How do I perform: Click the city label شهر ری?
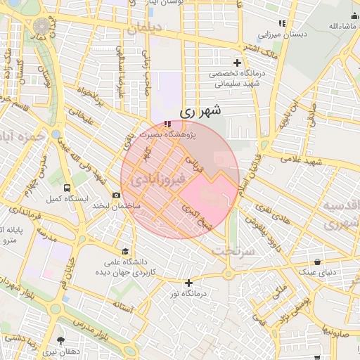(200, 110)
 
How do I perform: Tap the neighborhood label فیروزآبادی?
(158, 181)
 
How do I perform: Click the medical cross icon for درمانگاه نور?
(188, 283)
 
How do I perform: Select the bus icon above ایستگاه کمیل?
(67, 188)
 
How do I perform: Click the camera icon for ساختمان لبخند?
(116, 195)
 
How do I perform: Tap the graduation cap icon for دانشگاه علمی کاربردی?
(125, 251)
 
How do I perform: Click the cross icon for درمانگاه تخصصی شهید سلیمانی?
(238, 63)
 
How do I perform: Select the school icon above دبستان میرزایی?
(282, 23)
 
